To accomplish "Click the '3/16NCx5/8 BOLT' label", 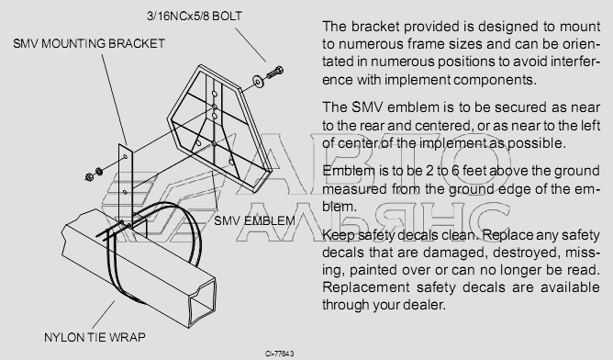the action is pyautogui.click(x=195, y=16).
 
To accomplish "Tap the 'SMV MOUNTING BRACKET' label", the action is pyautogui.click(x=89, y=43).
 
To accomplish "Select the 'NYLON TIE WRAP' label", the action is pyautogui.click(x=95, y=337).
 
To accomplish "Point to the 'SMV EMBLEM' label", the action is pyautogui.click(x=254, y=220).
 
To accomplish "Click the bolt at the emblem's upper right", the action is pyautogui.click(x=274, y=73).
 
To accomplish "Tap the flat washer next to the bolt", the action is pyautogui.click(x=258, y=80).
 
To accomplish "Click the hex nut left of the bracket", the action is pyautogui.click(x=89, y=177).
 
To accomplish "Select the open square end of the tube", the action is pyautogui.click(x=203, y=300).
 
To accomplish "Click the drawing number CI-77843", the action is pyautogui.click(x=280, y=354).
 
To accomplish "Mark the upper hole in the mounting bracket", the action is pyautogui.click(x=125, y=157).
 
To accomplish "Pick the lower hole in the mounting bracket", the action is pyautogui.click(x=125, y=192).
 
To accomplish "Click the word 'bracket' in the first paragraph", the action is pyautogui.click(x=375, y=27).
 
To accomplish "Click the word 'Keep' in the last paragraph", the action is pyautogui.click(x=339, y=236).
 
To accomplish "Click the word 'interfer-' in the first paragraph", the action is pyautogui.click(x=575, y=62).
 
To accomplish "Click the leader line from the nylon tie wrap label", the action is pyautogui.click(x=104, y=315).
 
